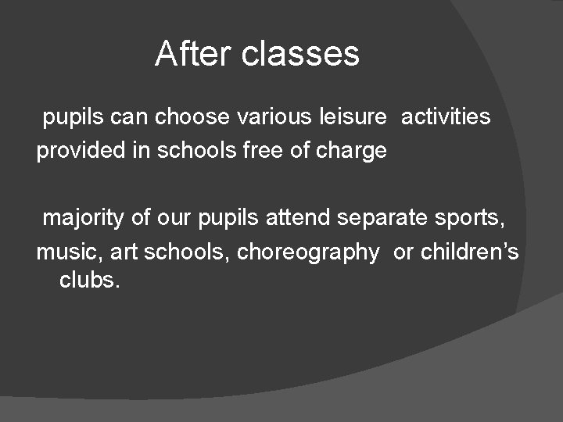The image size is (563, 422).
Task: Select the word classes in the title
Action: pyautogui.click(x=301, y=54)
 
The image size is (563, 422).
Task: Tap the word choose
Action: pyautogui.click(x=192, y=117)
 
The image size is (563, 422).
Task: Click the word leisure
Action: pyautogui.click(x=353, y=117)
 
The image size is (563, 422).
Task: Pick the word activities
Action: pyautogui.click(x=446, y=117)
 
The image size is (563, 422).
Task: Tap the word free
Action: pyautogui.click(x=242, y=150)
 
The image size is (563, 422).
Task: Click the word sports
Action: pyautogui.click(x=472, y=219)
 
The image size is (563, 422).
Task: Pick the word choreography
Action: pyautogui.click(x=307, y=253)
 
